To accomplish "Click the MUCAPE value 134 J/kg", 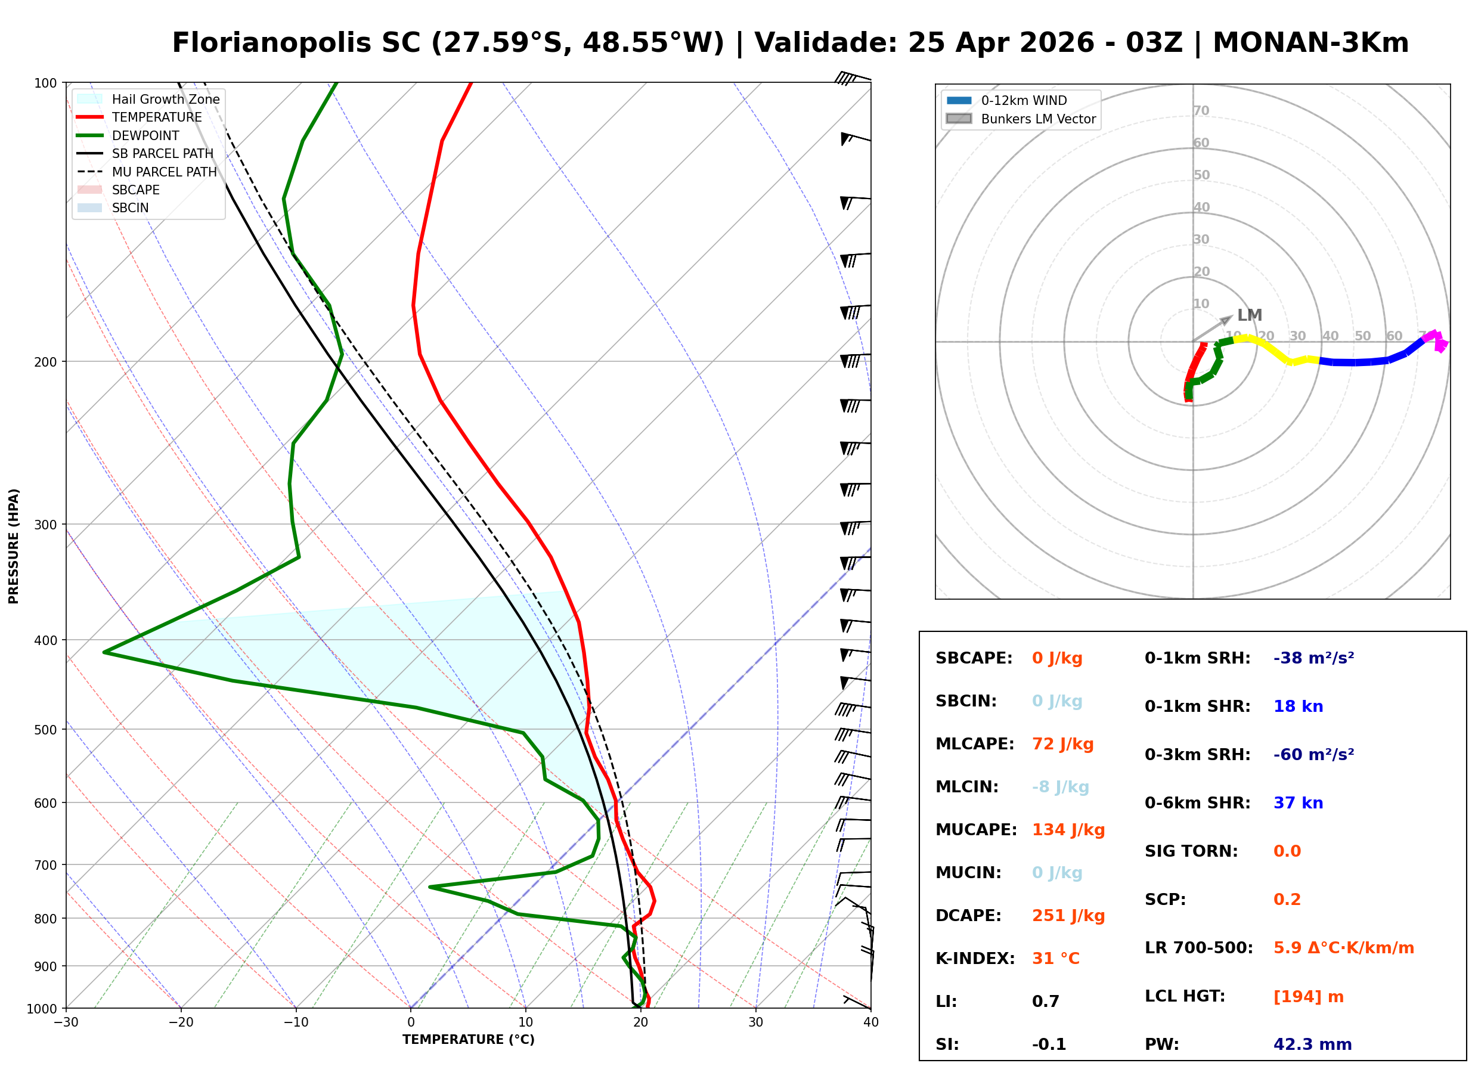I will (1068, 830).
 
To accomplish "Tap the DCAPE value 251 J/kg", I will (1068, 916).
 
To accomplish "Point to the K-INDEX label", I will (975, 959).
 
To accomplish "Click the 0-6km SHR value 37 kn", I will (1297, 803).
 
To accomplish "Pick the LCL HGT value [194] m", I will (1308, 997).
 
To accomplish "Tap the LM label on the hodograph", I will (1249, 315).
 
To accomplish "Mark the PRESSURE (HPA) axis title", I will (14, 546).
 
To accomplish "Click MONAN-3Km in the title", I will (1310, 43).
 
